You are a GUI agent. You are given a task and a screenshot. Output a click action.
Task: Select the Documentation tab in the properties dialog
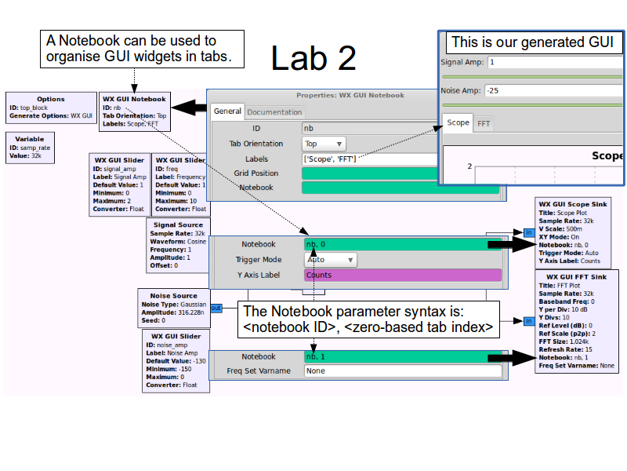pos(274,112)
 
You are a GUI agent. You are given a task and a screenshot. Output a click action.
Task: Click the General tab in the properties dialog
pos(227,111)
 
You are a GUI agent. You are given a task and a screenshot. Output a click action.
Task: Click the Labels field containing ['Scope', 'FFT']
pos(368,159)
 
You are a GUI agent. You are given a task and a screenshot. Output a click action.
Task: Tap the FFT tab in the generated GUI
pos(484,123)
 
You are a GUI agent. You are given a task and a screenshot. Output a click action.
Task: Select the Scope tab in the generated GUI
pos(458,123)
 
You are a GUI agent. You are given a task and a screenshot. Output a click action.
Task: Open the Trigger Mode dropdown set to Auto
pos(330,260)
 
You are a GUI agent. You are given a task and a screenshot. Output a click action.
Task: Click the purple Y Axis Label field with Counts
pos(402,275)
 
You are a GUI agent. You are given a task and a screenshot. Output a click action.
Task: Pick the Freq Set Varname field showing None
pos(402,371)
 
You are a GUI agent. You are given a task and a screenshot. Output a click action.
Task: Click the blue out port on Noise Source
pos(216,308)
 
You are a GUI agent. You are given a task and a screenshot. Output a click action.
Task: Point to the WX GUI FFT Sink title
pos(577,276)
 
